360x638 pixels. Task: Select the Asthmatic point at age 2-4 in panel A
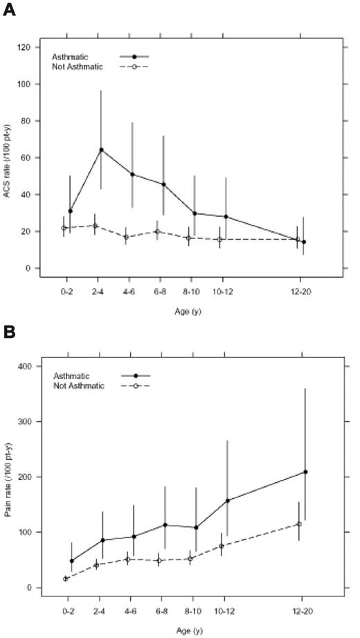tap(101, 150)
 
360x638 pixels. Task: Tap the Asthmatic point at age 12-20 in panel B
tap(305, 472)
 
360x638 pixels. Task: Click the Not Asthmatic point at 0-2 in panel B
tap(66, 578)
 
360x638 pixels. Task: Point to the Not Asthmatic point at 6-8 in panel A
tap(157, 231)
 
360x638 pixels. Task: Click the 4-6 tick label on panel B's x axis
tap(130, 612)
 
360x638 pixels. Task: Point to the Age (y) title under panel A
tap(183, 312)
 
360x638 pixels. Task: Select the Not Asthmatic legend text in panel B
tap(78, 385)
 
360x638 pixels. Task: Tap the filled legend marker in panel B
tap(136, 375)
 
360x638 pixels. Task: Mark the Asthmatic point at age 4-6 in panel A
tap(133, 174)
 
